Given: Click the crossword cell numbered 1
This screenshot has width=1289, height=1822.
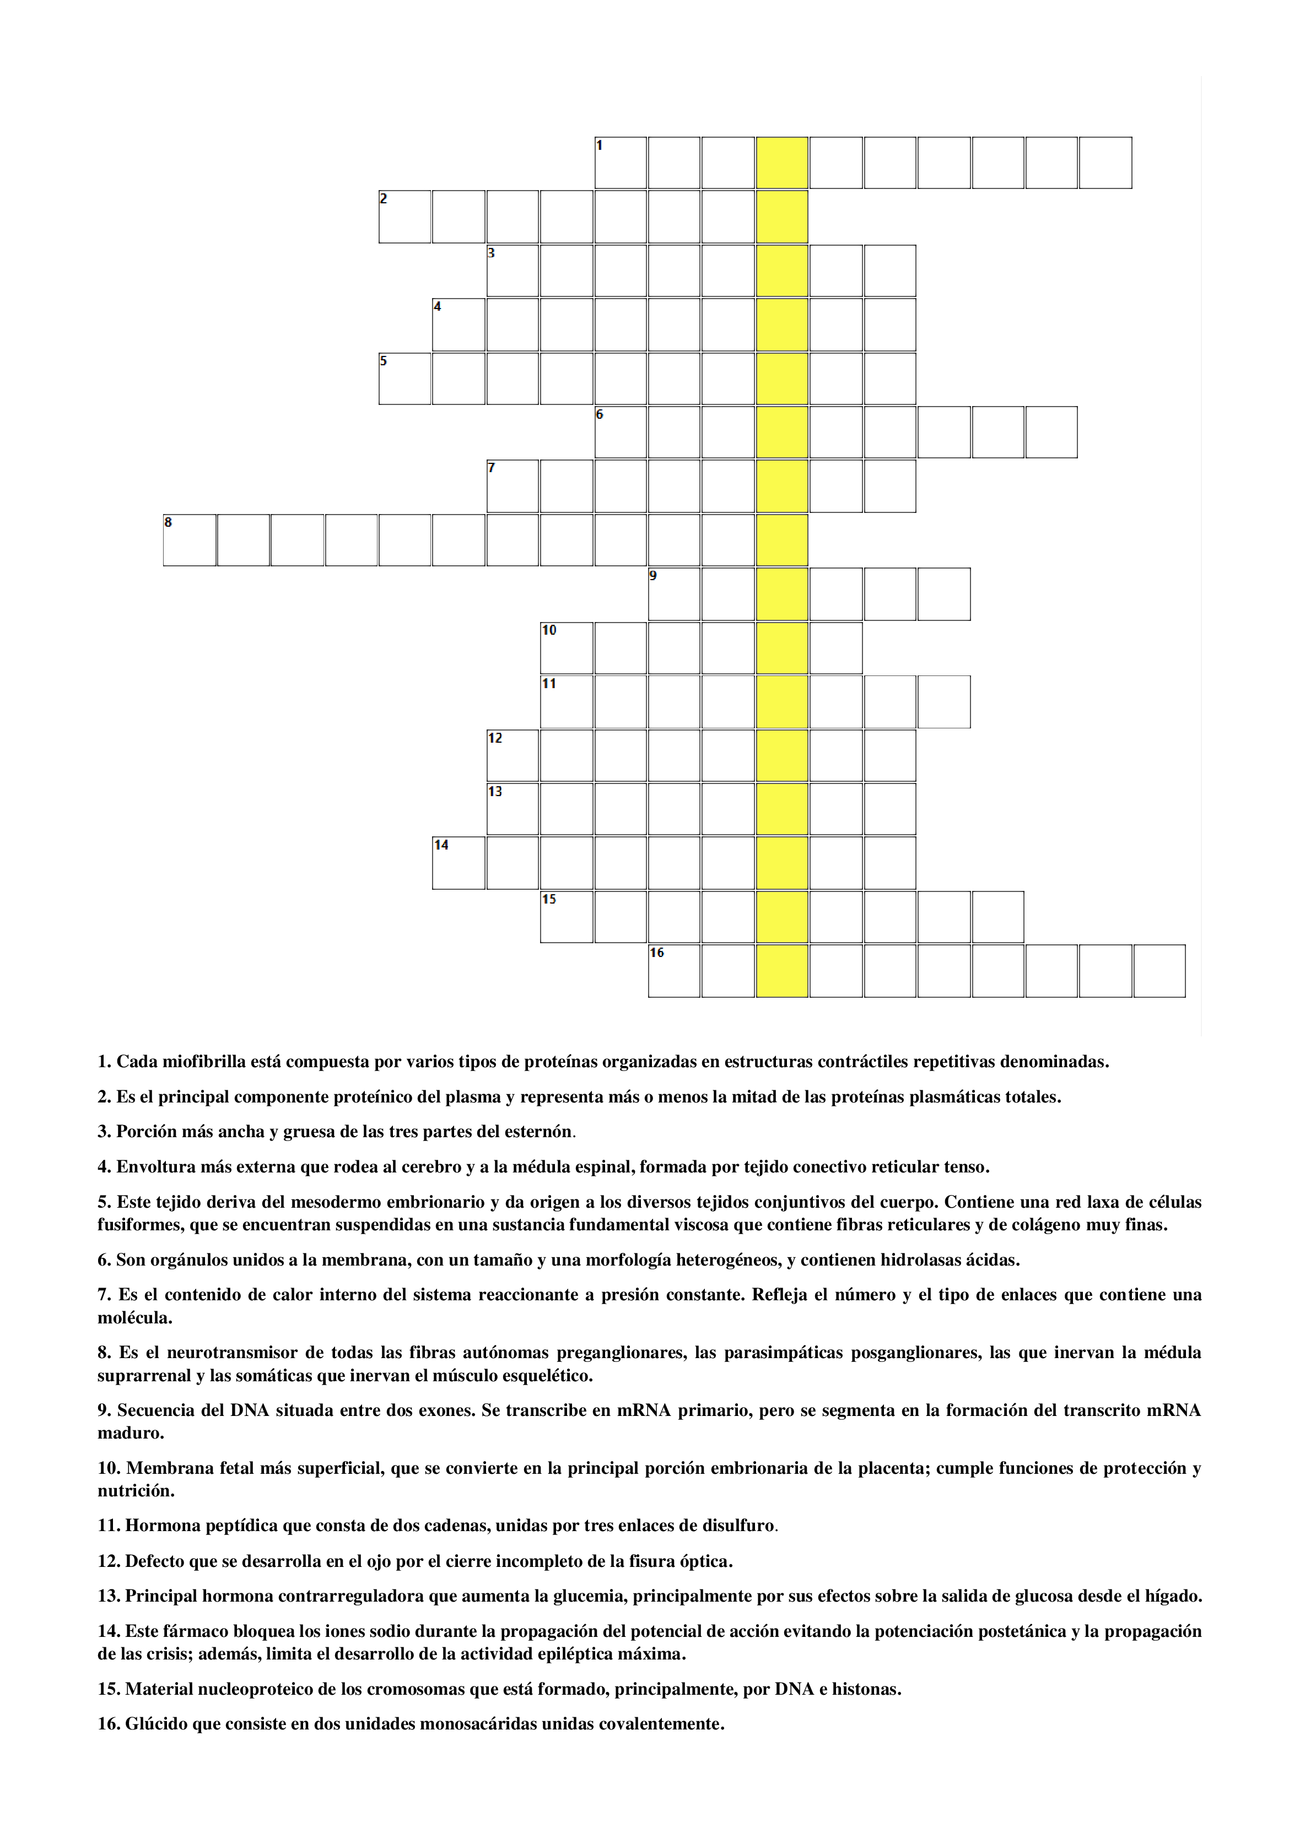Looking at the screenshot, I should tap(621, 163).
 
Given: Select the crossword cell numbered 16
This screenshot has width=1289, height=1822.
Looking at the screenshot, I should tap(674, 971).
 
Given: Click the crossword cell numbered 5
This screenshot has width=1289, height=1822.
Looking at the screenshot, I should tap(405, 379).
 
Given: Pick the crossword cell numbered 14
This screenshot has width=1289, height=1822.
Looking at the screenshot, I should tap(459, 863).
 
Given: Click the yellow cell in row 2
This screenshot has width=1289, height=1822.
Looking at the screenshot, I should tap(782, 217).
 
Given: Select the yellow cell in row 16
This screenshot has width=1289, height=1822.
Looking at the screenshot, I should tap(782, 971).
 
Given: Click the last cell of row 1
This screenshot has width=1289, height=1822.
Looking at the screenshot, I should tap(1105, 163).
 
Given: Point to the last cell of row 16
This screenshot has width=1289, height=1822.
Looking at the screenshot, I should tap(1159, 971).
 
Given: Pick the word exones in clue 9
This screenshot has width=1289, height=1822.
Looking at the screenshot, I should tap(449, 1410).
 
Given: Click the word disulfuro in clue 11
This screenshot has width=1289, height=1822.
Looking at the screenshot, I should tap(737, 1525).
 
